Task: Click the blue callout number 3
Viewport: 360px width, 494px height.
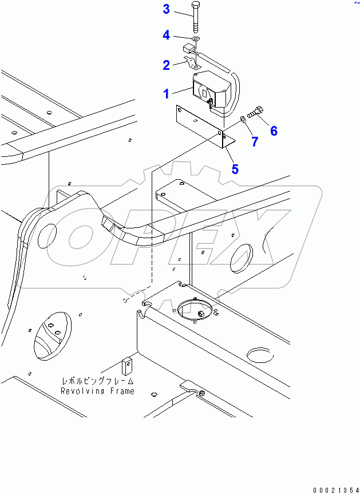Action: tap(166, 9)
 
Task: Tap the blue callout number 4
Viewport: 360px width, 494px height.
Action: tap(166, 35)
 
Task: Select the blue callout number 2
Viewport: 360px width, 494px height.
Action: tap(166, 65)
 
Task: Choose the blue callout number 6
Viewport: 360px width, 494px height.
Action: tap(274, 131)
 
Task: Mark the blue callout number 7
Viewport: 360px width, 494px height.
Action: tap(254, 141)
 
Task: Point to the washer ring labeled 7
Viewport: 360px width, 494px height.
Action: tap(243, 119)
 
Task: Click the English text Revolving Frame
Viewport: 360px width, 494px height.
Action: tap(98, 391)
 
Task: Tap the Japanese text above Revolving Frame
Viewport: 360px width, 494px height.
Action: tap(98, 381)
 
